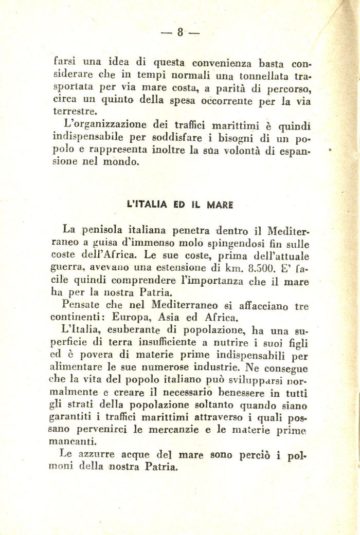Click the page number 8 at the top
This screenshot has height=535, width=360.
tap(180, 33)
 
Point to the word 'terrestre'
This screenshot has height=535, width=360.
tap(76, 112)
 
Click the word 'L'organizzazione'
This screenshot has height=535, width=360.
tap(104, 125)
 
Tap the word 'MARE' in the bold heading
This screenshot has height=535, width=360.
tap(221, 204)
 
